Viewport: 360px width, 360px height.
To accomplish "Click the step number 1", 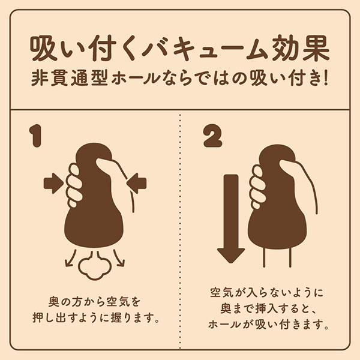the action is click(x=35, y=136).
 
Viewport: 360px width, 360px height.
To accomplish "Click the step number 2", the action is click(x=213, y=136).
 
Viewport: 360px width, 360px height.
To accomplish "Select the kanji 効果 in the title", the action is click(x=301, y=48).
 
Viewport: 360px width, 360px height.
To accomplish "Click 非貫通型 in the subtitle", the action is click(x=70, y=78).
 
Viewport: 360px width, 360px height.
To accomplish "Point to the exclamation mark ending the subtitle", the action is click(x=326, y=78).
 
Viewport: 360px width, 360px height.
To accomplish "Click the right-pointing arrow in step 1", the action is click(x=53, y=184).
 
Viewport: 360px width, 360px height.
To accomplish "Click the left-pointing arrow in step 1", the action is click(x=136, y=184).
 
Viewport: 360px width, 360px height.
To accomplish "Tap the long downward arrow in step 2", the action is click(x=231, y=219).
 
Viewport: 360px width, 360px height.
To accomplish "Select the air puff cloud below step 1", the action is click(x=95, y=267).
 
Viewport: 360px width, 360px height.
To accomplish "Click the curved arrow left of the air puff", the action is click(x=70, y=259).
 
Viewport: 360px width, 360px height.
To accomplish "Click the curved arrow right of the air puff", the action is click(x=119, y=259).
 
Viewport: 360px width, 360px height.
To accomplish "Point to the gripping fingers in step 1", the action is click(x=74, y=185).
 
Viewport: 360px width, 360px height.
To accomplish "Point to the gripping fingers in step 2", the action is click(x=258, y=187).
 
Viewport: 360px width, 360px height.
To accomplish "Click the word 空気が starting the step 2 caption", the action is click(x=225, y=292).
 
